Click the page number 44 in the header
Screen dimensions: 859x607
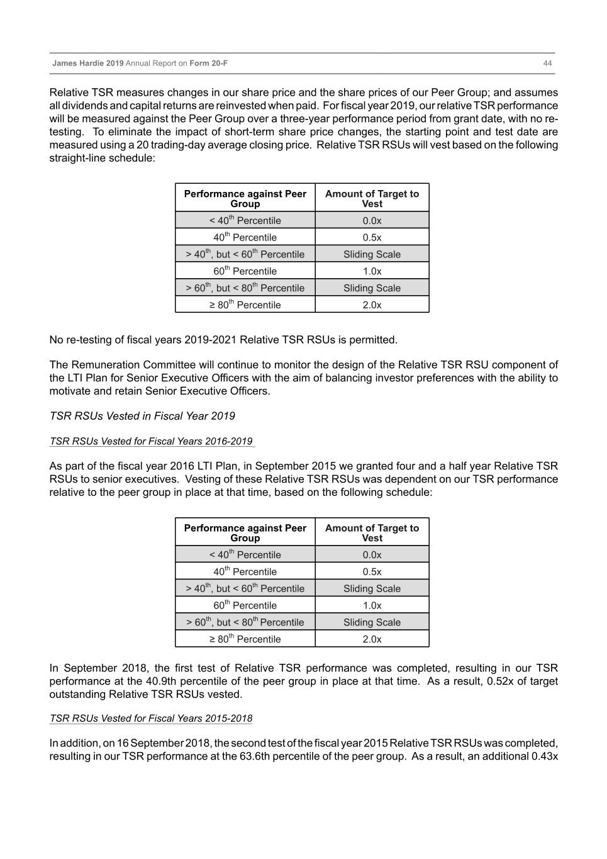tap(547, 64)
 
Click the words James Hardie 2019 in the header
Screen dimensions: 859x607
tap(87, 64)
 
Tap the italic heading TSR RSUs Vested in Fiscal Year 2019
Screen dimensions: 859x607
tap(142, 416)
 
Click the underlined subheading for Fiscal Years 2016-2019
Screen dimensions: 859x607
tap(151, 441)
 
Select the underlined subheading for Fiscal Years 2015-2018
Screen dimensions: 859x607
tap(151, 719)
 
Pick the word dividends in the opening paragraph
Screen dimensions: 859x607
tap(84, 106)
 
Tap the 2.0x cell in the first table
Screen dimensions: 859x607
tap(372, 305)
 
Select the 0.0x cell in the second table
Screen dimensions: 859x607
tap(372, 554)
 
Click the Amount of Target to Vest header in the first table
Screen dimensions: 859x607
tap(372, 198)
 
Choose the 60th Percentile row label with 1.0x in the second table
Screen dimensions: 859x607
tap(245, 605)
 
